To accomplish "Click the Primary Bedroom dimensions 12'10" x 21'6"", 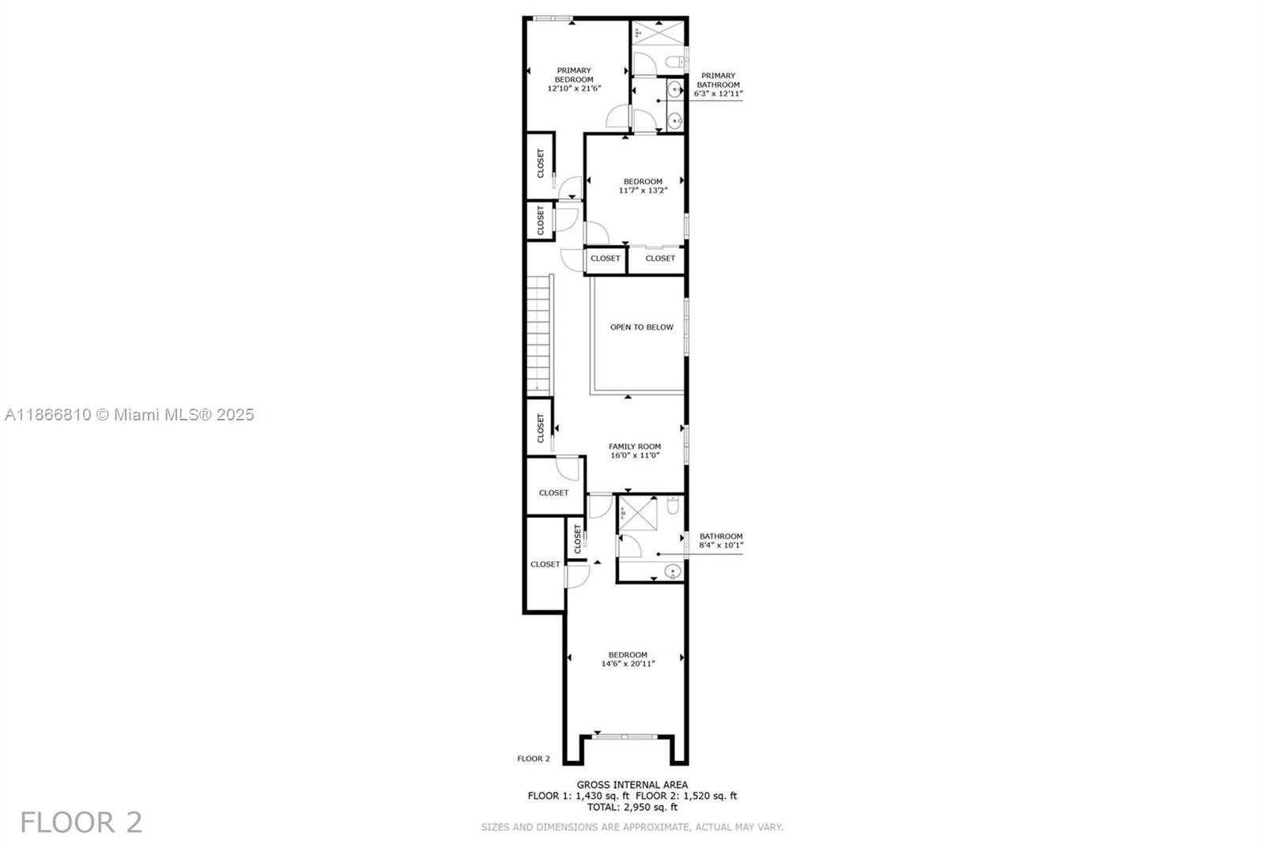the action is click(x=575, y=89).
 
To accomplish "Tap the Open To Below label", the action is click(x=642, y=327).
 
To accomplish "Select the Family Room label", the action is click(x=635, y=447).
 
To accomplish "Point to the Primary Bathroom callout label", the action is click(x=719, y=85).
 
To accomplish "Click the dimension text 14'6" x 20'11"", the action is click(x=628, y=664).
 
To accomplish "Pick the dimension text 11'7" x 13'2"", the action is click(x=643, y=190).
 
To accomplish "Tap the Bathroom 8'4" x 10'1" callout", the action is click(x=721, y=541).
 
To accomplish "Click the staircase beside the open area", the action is click(x=540, y=334).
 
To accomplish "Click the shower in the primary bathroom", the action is click(x=658, y=32).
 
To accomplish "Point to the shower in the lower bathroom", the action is click(x=638, y=514).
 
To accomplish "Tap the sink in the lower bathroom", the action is click(x=673, y=572).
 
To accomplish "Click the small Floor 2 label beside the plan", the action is click(x=534, y=759).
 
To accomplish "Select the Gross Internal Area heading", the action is click(x=632, y=785).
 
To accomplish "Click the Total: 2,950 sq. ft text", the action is click(x=632, y=808).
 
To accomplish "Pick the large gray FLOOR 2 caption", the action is click(x=81, y=823).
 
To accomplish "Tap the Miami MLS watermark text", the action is click(x=130, y=415).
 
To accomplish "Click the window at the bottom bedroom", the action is click(x=624, y=737).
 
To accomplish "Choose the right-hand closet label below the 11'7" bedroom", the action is click(x=660, y=258).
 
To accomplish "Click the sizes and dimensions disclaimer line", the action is click(x=632, y=827).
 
